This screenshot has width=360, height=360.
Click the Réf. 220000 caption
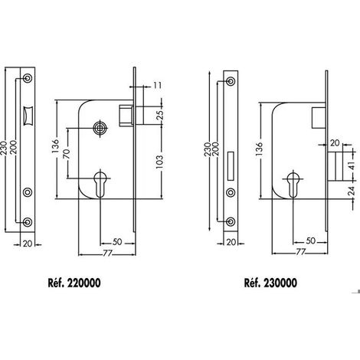click(74, 283)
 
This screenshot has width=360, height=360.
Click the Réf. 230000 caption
click(270, 283)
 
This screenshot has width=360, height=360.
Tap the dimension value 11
click(158, 85)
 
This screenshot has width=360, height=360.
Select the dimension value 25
click(159, 115)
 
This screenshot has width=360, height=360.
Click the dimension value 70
click(67, 154)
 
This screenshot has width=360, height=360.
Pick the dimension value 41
click(352, 166)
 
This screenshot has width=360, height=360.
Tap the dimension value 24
click(352, 191)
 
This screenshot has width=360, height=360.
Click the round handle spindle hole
click(100, 127)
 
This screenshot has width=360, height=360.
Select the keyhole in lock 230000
click(293, 185)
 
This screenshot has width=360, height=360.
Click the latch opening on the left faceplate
click(27, 116)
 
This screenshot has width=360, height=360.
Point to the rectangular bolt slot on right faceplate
click(231, 166)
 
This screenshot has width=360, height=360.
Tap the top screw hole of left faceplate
click(28, 78)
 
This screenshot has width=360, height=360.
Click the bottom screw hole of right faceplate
click(231, 221)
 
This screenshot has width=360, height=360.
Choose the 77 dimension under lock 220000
click(107, 253)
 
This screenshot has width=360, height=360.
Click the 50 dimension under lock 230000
click(310, 241)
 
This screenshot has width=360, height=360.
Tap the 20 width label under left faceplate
click(28, 244)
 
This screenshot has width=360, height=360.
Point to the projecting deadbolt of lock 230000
click(335, 166)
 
